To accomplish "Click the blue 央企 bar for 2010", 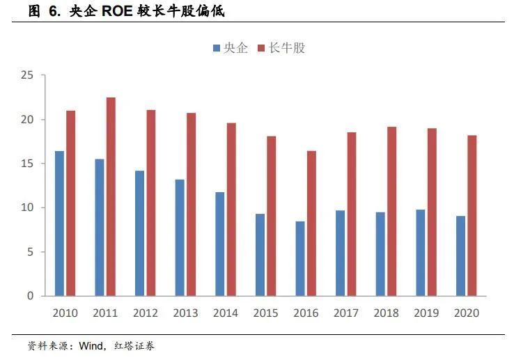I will pyautogui.click(x=60, y=223).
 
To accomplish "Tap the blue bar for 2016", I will pyautogui.click(x=299, y=258).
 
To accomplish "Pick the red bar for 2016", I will pyautogui.click(x=311, y=223).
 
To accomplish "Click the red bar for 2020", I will pyautogui.click(x=472, y=215).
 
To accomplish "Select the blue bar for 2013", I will pyautogui.click(x=180, y=237).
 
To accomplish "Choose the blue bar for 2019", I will pyautogui.click(x=420, y=252).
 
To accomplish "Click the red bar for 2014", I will pyautogui.click(x=231, y=209).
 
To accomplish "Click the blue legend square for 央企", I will pyautogui.click(x=217, y=48).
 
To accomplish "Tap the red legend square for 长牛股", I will pyautogui.click(x=262, y=48).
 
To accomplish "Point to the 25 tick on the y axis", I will pyautogui.click(x=27, y=75).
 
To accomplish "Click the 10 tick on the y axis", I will pyautogui.click(x=27, y=208).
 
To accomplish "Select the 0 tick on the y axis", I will pyautogui.click(x=30, y=296).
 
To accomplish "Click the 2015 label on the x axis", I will pyautogui.click(x=265, y=313).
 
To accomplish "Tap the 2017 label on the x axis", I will pyautogui.click(x=345, y=313).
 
